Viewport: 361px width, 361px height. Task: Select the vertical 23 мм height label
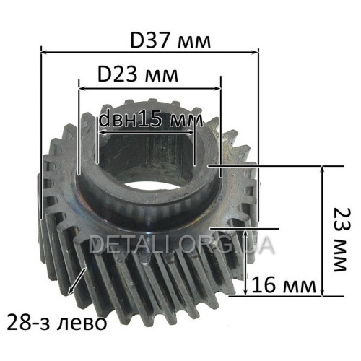pyautogui.click(x=342, y=240)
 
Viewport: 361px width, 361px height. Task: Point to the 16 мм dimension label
pyautogui.click(x=284, y=284)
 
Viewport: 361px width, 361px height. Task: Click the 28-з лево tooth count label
pyautogui.click(x=57, y=323)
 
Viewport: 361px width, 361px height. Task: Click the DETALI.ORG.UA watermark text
pyautogui.click(x=181, y=244)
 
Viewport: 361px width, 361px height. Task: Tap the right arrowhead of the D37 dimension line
pyautogui.click(x=255, y=53)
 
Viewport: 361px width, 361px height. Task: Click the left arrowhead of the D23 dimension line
pyautogui.click(x=82, y=89)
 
